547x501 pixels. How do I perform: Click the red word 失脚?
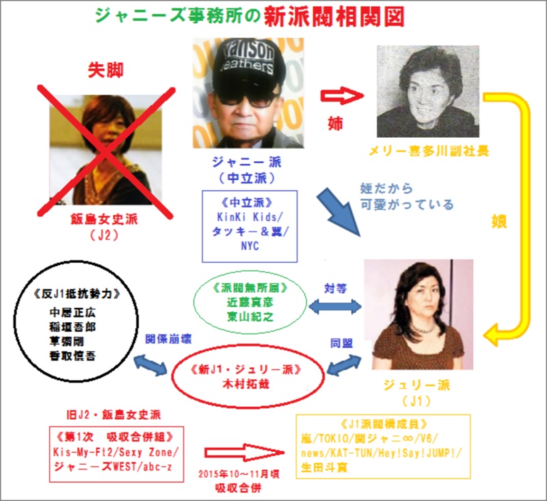[x=105, y=70]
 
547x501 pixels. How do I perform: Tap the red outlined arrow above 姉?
[x=342, y=96]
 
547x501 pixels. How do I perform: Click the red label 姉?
[x=335, y=124]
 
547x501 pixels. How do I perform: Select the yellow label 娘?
[x=499, y=221]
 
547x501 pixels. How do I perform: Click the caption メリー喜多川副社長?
[x=429, y=152]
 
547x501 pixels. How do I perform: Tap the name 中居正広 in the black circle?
[x=72, y=313]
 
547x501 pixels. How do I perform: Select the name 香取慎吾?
[x=72, y=356]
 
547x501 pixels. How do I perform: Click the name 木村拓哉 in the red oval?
[x=246, y=384]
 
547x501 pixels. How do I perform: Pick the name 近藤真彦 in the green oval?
[x=250, y=302]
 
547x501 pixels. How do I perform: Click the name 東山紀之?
[x=250, y=317]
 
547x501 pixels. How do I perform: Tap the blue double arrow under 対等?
[x=335, y=306]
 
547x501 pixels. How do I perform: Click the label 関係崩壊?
[x=168, y=339]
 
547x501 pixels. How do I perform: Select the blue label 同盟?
[x=341, y=343]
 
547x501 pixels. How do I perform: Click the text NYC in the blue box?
[x=250, y=246]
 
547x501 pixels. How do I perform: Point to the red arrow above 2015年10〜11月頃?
[x=244, y=453]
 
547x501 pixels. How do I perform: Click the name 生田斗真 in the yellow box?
[x=324, y=468]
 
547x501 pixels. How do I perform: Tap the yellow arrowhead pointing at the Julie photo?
[x=492, y=335]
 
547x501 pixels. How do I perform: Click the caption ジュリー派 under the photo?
[x=417, y=385]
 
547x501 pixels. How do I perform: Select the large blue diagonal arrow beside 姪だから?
[x=338, y=212]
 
